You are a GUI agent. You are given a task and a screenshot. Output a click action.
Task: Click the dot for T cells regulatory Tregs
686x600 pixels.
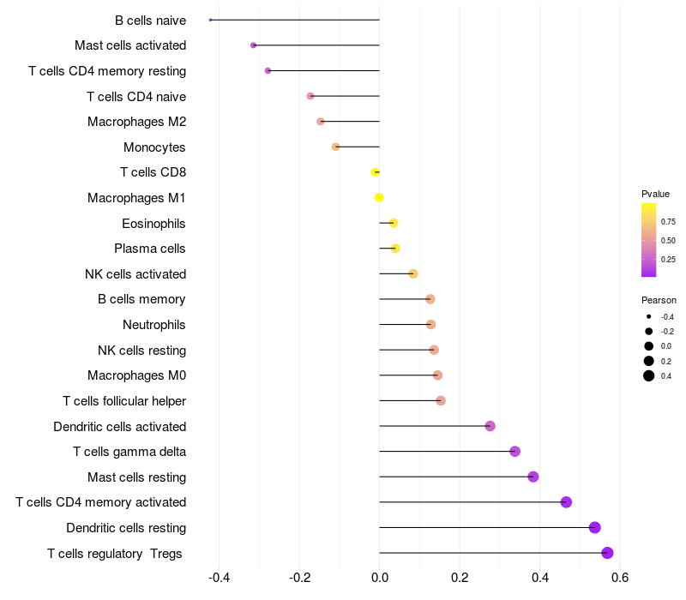[607, 553]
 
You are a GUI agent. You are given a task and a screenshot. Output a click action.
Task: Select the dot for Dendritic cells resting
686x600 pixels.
[595, 528]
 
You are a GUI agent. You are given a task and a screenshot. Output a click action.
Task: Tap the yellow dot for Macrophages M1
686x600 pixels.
[379, 198]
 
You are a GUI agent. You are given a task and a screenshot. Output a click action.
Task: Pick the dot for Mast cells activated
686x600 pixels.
[253, 45]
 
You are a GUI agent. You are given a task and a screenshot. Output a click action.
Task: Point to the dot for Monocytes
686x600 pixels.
[335, 147]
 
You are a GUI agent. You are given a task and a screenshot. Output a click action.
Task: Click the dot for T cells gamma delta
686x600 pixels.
[514, 452]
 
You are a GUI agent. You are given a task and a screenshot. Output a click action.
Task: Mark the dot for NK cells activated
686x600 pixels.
[413, 274]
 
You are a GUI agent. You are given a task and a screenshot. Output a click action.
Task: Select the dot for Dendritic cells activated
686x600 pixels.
[490, 426]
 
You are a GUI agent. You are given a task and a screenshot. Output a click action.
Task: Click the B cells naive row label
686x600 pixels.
[150, 20]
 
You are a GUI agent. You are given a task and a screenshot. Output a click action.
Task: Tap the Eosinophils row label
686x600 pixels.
[153, 224]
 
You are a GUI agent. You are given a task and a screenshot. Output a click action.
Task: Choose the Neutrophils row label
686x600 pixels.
[153, 325]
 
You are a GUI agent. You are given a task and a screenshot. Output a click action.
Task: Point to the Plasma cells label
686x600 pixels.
[149, 249]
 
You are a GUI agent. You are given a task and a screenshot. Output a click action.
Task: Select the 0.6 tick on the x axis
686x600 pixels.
[620, 577]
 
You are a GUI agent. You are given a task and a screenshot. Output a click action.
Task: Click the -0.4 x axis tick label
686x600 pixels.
[219, 577]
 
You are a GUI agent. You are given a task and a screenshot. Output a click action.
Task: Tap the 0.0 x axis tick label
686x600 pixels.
[379, 577]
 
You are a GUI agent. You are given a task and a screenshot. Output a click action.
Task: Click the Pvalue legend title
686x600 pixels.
[655, 194]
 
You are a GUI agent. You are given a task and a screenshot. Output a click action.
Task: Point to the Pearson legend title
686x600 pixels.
[659, 300]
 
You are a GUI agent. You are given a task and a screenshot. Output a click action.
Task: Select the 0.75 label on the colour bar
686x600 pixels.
[668, 221]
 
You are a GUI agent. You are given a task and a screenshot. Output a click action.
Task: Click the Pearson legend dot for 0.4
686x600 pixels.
[649, 375]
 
